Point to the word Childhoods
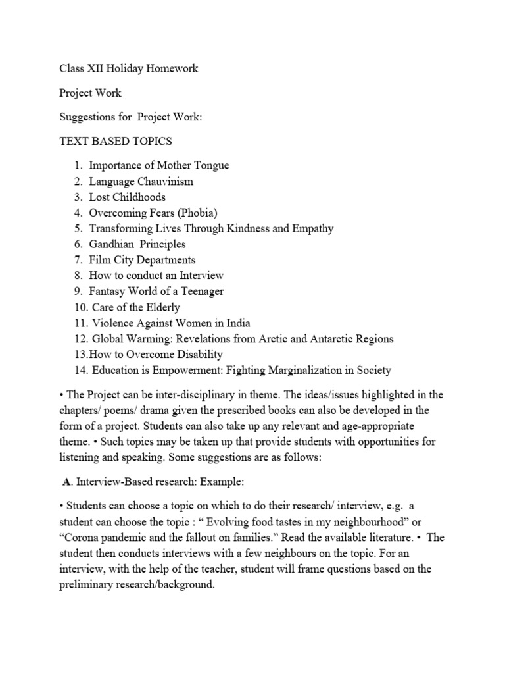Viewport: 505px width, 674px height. click(x=139, y=197)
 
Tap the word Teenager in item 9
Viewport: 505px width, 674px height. click(x=200, y=292)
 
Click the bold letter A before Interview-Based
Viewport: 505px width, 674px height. click(x=66, y=482)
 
